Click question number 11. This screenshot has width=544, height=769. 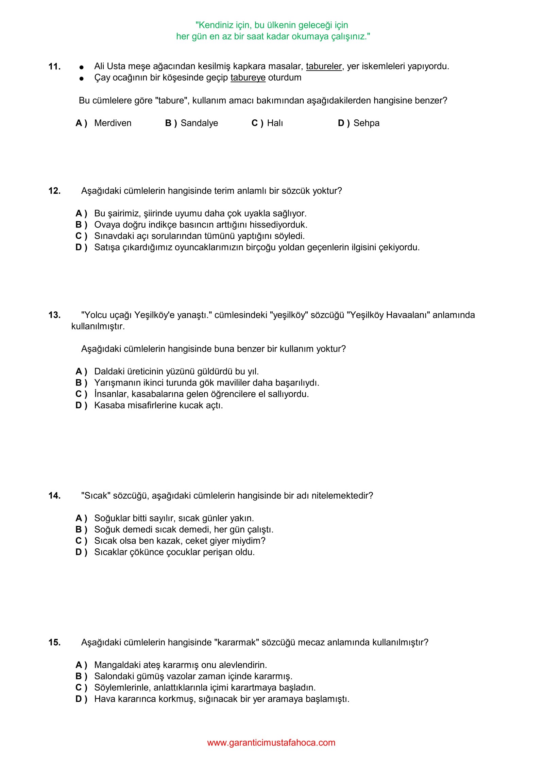pos(54,67)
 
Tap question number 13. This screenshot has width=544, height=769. pos(54,315)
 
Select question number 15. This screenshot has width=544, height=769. pos(54,642)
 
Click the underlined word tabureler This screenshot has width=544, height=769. pos(324,66)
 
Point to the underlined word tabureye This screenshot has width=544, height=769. pos(248,78)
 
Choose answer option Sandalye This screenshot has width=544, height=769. pos(199,123)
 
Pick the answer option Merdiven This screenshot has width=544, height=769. pos(113,123)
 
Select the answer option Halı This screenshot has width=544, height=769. pos(275,123)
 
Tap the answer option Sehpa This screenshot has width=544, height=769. pos(366,123)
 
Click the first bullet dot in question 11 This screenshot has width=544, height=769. pos(81,67)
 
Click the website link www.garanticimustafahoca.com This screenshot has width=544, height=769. pos(271,742)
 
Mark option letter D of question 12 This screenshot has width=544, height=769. pos(81,247)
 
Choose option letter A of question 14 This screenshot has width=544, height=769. pos(81,518)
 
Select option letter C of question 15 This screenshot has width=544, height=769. pos(81,687)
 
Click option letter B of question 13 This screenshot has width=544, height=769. pos(81,383)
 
